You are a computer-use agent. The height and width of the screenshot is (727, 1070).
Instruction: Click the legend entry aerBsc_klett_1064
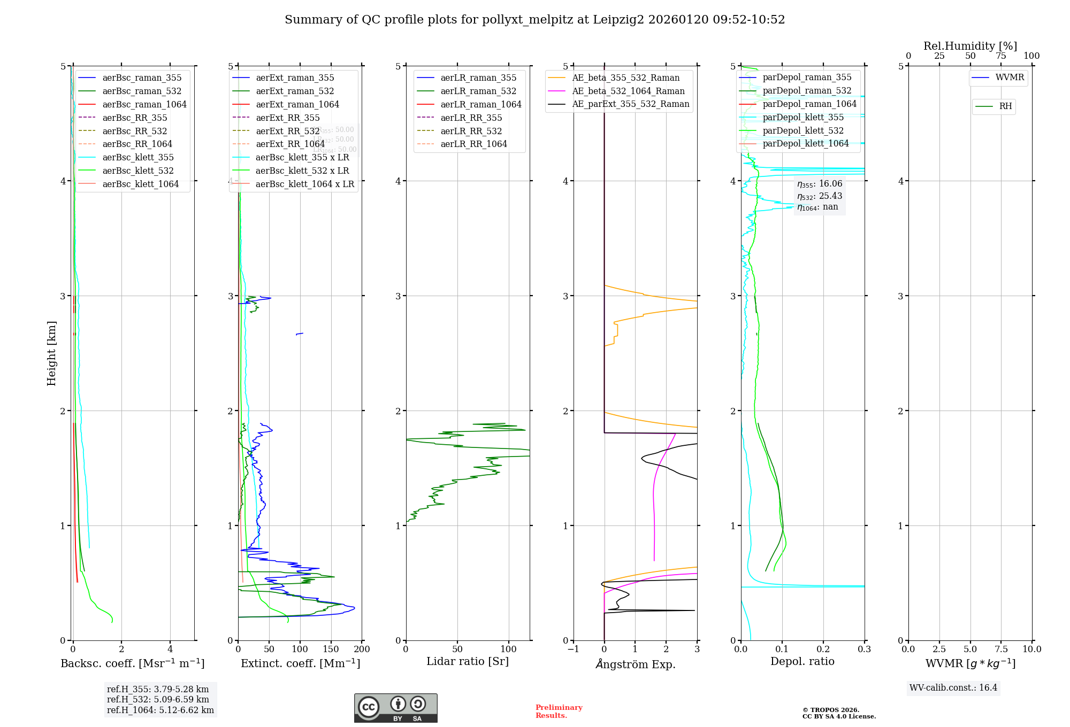pos(140,184)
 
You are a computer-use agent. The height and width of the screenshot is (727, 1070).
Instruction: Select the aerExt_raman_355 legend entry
pos(295,78)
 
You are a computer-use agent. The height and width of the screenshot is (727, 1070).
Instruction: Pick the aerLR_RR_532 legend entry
pos(471,131)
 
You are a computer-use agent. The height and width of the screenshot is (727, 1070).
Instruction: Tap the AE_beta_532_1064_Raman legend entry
pos(628,91)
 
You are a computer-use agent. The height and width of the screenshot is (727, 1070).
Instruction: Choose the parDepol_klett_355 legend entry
pos(802,118)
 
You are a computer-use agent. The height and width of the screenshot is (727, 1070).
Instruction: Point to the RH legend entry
pos(1005,106)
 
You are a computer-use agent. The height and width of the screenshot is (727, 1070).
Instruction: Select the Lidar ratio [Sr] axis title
pos(467,661)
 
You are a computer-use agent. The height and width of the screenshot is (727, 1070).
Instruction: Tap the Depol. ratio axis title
pos(802,661)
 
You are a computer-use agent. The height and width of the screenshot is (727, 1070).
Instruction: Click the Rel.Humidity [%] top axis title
pos(970,46)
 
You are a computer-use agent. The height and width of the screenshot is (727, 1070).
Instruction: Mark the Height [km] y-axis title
pos(51,353)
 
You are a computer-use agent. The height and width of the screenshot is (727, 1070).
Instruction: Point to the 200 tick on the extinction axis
pos(362,649)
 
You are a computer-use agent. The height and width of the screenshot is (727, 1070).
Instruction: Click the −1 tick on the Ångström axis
pos(573,649)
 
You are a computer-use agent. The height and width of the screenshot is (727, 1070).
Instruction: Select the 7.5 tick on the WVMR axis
pos(1001,649)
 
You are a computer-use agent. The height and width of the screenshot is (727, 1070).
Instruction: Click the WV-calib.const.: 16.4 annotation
pos(953,688)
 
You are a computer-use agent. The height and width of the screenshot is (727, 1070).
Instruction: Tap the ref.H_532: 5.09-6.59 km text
pos(158,700)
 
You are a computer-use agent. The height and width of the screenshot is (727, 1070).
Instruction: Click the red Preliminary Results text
pos(559,711)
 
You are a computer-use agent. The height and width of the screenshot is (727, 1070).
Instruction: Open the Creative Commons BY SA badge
pos(395,708)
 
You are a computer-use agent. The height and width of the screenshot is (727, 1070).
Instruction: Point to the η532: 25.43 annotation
pos(819,196)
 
